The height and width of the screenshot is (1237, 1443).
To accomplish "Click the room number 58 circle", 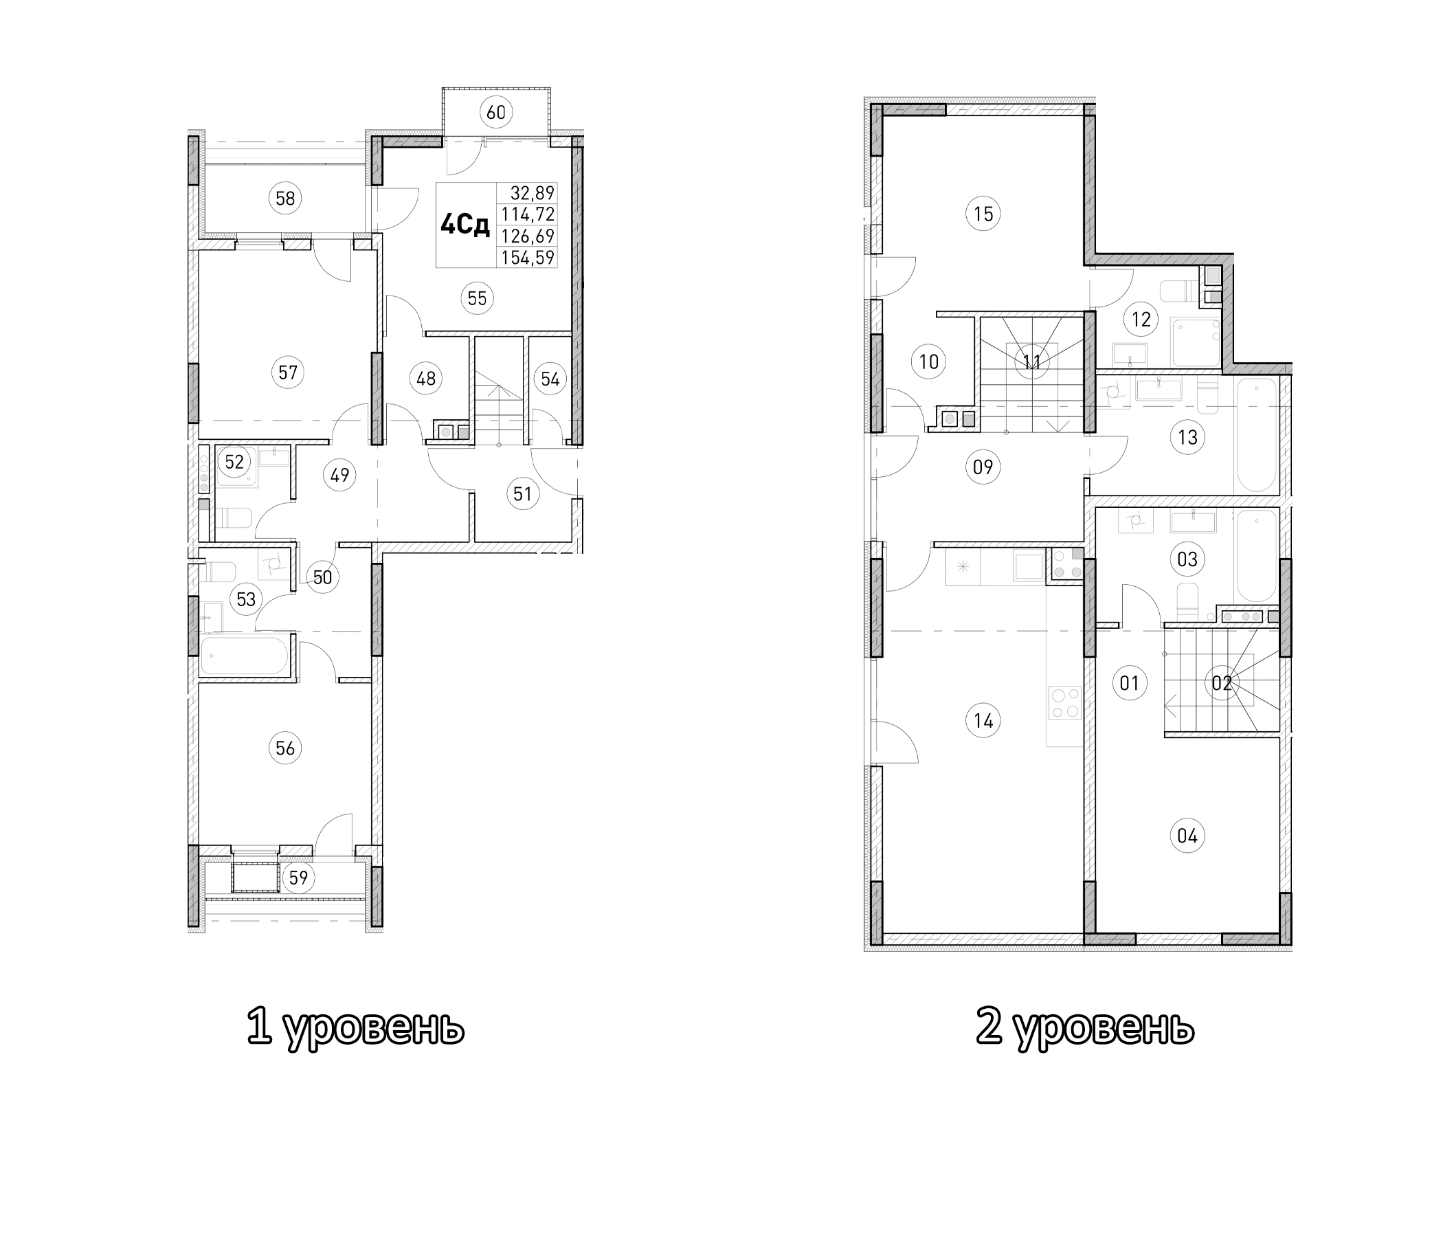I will [285, 199].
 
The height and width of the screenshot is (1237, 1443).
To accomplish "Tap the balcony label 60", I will [496, 111].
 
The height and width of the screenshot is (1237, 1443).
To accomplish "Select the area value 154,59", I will [528, 258].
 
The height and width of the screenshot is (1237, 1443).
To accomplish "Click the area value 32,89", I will [532, 193].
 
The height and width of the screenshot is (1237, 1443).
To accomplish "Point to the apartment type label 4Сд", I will [465, 225].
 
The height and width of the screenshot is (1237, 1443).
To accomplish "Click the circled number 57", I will [288, 372].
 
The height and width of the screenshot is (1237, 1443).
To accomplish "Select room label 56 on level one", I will [285, 748].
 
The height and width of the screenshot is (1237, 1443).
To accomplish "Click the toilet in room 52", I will [234, 518].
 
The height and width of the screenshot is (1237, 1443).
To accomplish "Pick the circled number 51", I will [522, 494].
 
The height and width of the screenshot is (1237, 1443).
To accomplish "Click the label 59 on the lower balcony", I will [298, 878].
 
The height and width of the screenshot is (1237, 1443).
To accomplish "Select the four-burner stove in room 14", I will [1065, 703].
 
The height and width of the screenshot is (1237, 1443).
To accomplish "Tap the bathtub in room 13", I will [1255, 435].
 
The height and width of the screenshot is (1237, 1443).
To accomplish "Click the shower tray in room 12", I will [1196, 342].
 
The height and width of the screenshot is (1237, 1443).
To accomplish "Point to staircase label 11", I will [1032, 361].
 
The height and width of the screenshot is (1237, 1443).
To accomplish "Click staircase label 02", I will [1222, 683].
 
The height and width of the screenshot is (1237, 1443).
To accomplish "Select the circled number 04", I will [1187, 835].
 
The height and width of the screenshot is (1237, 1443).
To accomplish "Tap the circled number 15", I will [983, 214].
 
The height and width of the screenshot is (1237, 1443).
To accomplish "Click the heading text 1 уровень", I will [355, 1028].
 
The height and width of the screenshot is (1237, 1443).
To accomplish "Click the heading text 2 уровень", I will [1084, 1028].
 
